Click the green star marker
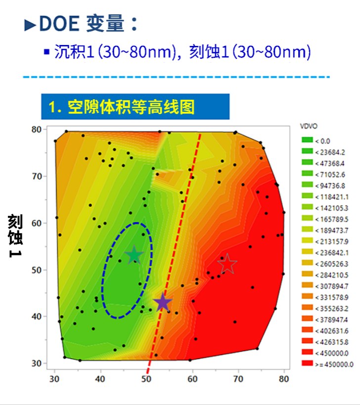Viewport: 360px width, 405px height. [134, 255]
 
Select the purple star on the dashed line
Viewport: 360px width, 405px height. [162, 302]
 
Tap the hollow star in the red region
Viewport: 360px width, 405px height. [227, 264]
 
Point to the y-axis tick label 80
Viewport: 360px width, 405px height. [36, 129]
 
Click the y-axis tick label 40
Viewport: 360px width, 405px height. [36, 316]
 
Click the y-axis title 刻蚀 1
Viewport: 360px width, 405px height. [14, 236]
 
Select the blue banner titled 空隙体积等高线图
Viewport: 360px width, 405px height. [135, 107]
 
